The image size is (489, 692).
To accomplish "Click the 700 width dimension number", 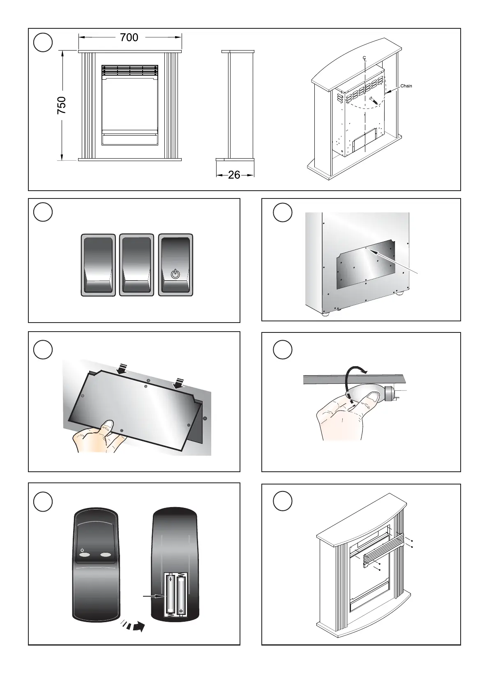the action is (129, 37).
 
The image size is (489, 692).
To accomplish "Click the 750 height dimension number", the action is (61, 105).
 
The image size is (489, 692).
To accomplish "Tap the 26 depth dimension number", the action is (234, 175).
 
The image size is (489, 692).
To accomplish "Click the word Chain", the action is (406, 86).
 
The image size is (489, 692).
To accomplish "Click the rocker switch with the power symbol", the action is (175, 265).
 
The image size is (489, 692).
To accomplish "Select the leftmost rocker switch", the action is (98, 265).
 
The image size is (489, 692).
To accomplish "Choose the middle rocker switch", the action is (136, 265).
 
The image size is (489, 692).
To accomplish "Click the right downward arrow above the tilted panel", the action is (179, 383).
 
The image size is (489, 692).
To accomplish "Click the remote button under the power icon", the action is (85, 555).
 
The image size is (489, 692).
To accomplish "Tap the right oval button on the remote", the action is (106, 555).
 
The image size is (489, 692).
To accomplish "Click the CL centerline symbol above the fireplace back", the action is (364, 59).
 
